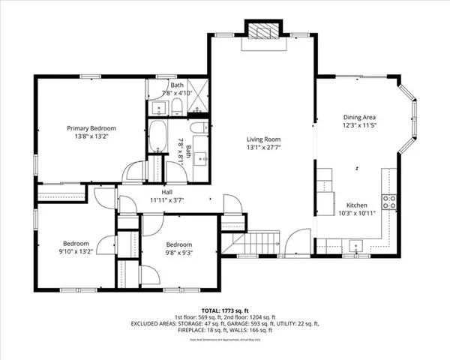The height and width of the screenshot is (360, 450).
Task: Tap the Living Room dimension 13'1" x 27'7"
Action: tap(264, 148)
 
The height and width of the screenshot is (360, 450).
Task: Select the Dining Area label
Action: tap(359, 117)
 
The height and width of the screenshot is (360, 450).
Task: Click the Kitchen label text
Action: tap(356, 205)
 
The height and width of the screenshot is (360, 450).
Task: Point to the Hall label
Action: tap(157, 192)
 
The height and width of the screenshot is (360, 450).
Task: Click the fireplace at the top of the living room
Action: tap(262, 32)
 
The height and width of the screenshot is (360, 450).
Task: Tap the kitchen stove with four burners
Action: tap(389, 201)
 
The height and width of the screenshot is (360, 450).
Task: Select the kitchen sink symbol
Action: tap(355, 244)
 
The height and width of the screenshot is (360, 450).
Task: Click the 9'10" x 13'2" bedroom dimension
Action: tap(76, 252)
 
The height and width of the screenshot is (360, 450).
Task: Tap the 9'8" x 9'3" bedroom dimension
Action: tap(178, 253)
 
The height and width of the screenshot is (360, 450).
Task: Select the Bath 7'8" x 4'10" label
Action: tap(176, 89)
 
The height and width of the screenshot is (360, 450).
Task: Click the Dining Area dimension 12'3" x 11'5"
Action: tap(359, 126)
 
